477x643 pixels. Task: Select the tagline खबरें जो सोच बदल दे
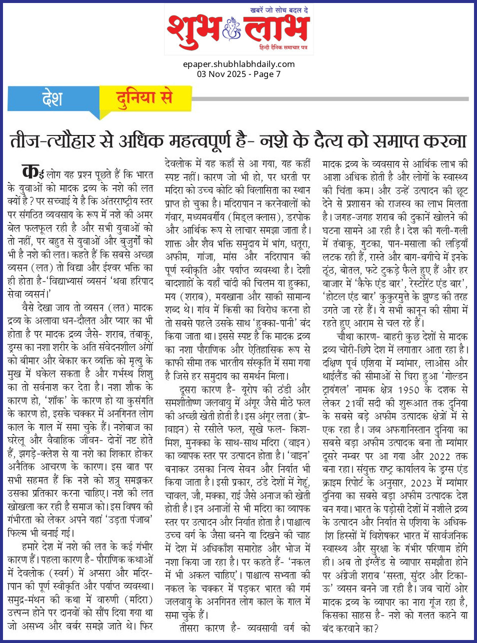coord(279,10)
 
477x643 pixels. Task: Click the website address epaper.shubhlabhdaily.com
coord(238,64)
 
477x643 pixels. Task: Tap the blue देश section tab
coord(52,98)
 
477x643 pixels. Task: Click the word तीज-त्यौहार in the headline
coord(52,140)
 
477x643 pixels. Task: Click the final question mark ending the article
coord(376,628)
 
